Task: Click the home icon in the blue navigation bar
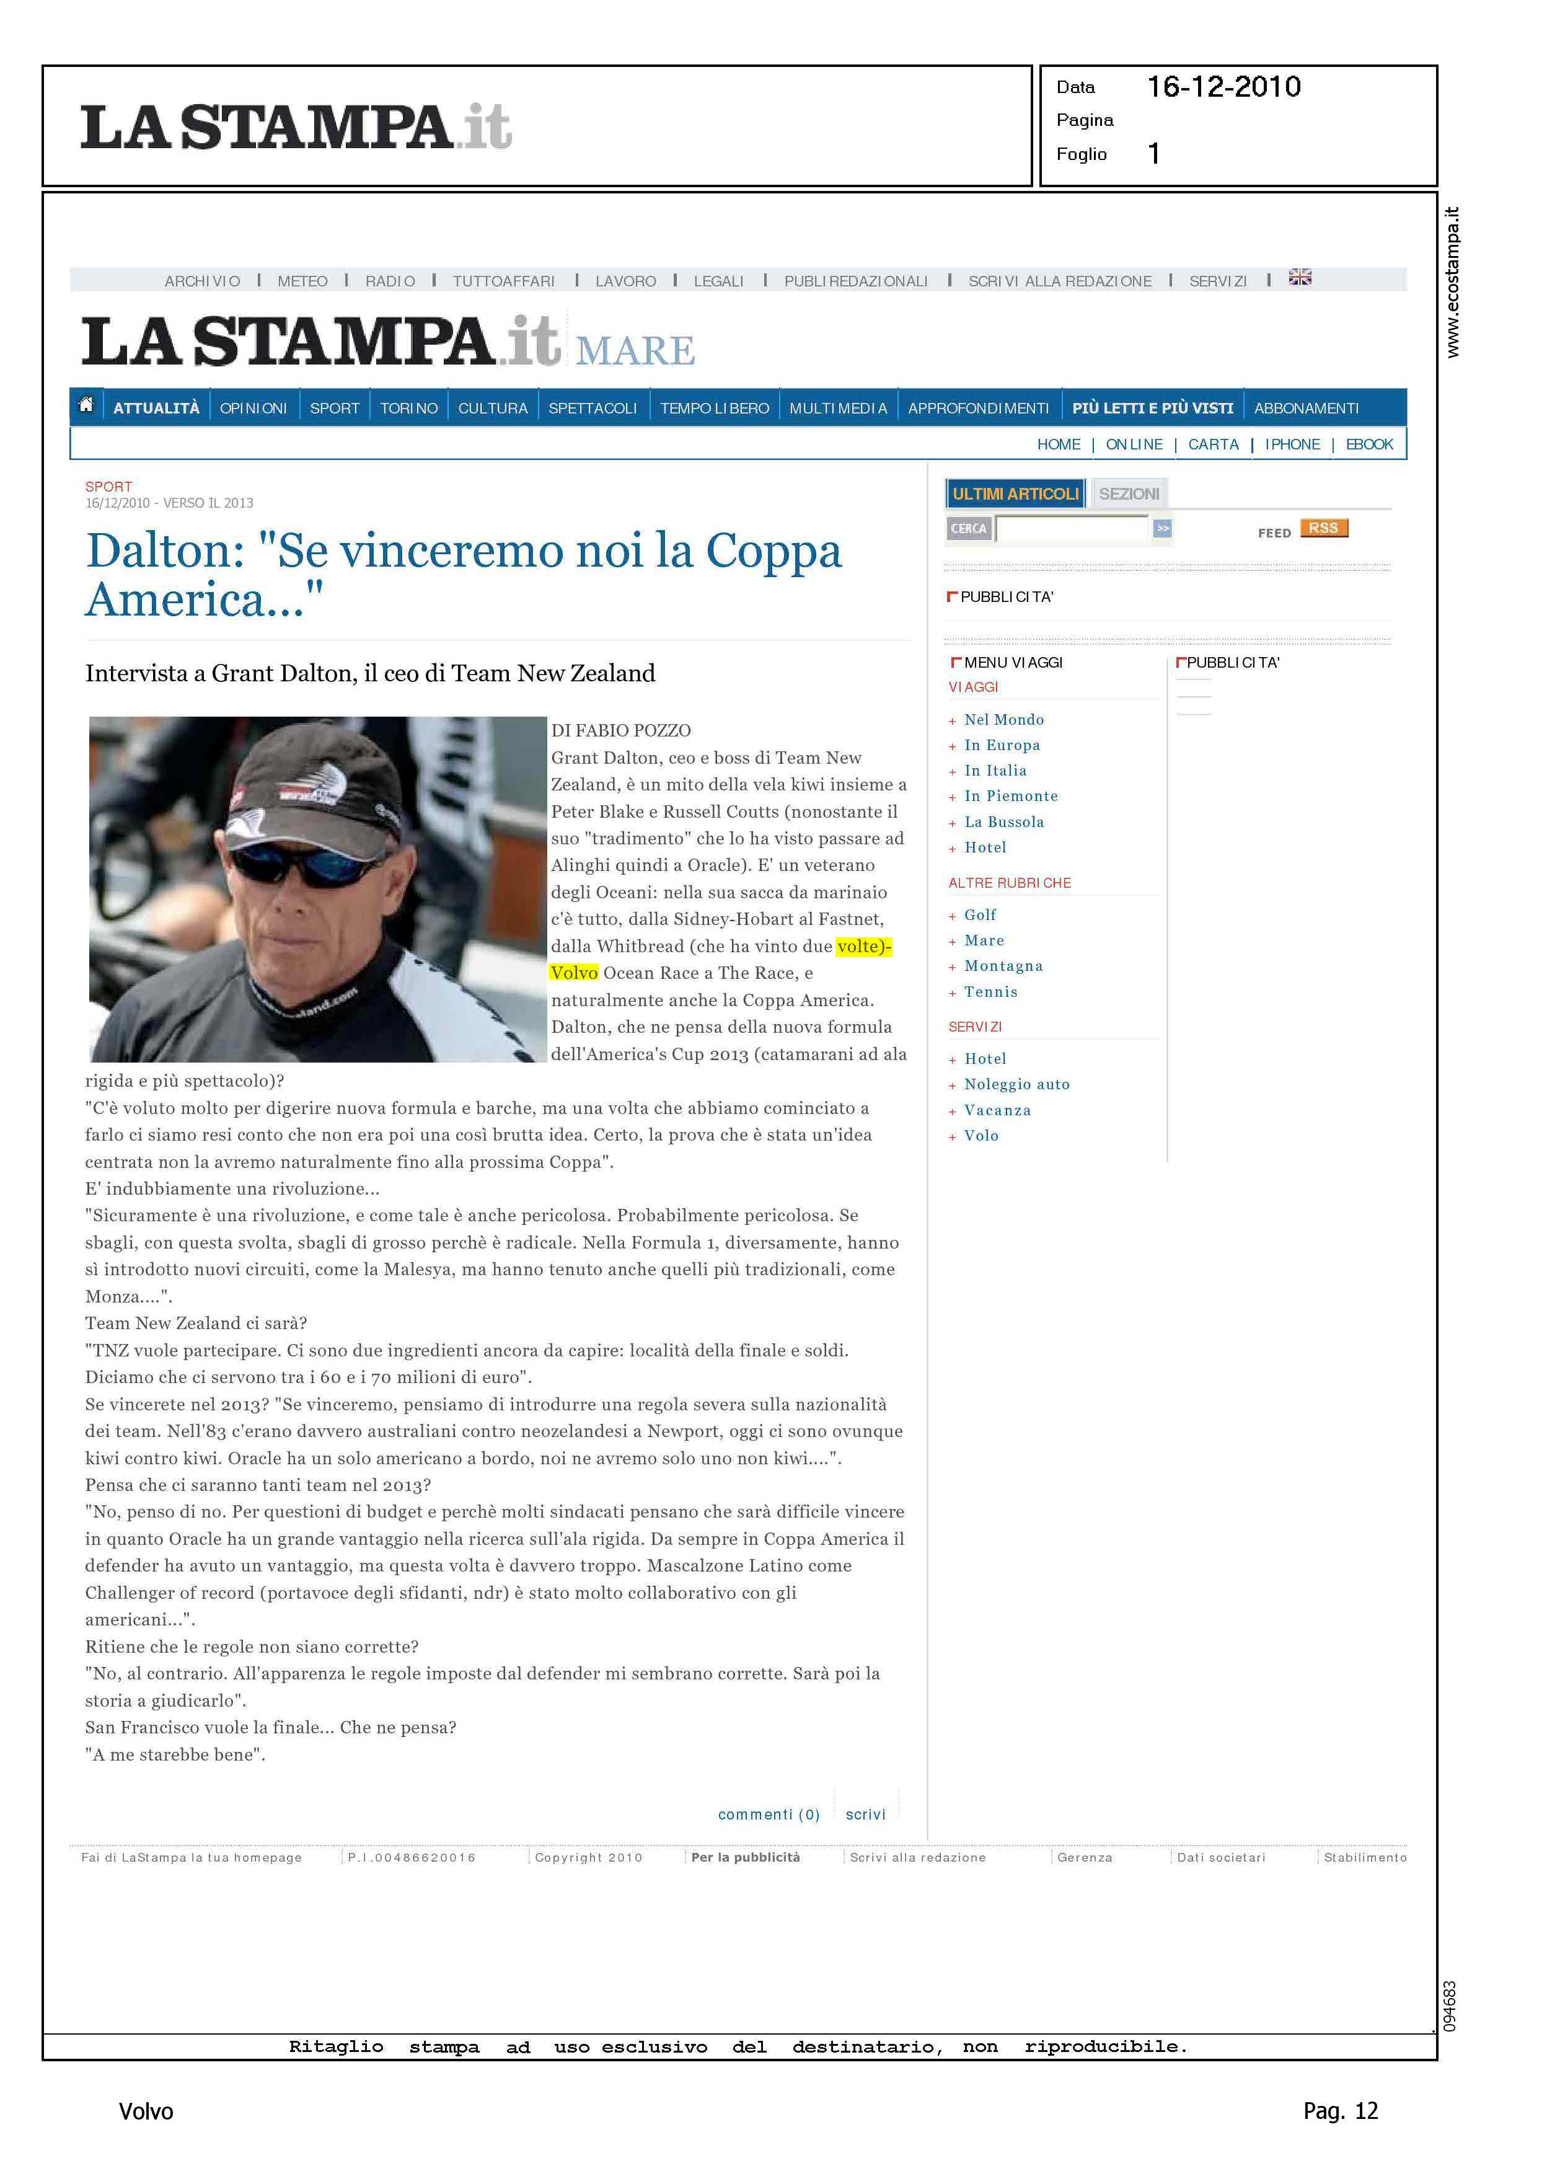click(x=86, y=406)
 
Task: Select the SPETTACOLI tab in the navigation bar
click(x=593, y=409)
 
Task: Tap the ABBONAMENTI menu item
click(x=1306, y=409)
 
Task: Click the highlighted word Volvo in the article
click(x=573, y=973)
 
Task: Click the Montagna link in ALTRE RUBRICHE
click(x=1003, y=966)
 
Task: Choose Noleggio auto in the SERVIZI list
click(x=1016, y=1085)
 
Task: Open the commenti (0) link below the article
click(x=769, y=1815)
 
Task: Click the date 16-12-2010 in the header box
click(x=1223, y=87)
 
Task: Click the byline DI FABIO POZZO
click(x=621, y=731)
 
